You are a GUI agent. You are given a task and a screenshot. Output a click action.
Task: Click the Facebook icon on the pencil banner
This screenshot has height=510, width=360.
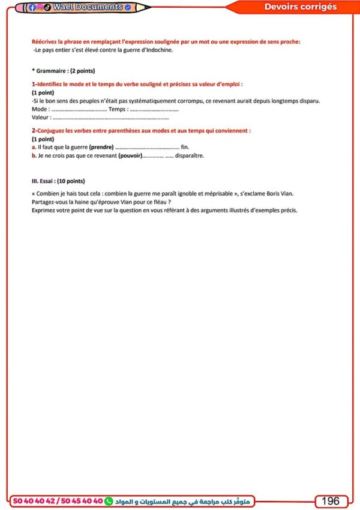(32, 7)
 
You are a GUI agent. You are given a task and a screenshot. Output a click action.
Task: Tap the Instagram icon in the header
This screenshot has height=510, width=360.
(40, 7)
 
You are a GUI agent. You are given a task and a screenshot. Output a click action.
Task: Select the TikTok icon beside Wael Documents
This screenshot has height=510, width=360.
(47, 7)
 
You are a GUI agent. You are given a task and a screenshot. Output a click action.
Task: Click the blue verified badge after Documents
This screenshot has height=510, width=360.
(128, 7)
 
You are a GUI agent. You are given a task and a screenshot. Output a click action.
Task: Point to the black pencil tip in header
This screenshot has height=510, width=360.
(148, 7)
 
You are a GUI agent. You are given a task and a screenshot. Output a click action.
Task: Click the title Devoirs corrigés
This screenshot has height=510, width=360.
(301, 7)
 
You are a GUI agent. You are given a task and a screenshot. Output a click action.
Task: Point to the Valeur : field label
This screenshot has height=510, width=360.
(41, 118)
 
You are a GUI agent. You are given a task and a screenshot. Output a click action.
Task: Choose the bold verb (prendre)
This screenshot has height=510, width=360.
(101, 147)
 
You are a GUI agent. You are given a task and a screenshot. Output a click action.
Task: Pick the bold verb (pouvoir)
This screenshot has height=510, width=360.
(130, 155)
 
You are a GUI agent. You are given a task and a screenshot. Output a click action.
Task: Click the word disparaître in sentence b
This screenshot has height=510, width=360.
(190, 155)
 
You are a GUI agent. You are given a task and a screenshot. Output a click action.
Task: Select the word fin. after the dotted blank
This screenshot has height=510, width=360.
(185, 147)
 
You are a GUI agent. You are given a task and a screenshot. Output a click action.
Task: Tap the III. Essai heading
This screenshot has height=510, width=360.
(58, 181)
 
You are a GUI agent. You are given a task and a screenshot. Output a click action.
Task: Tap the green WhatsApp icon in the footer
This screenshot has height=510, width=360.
(109, 501)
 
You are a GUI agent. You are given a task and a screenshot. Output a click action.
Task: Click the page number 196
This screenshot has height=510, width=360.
(331, 501)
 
